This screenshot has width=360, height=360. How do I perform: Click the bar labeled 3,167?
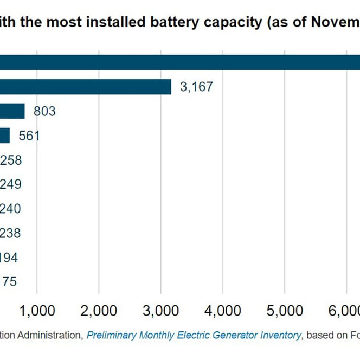86,87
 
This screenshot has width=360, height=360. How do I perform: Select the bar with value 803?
12,111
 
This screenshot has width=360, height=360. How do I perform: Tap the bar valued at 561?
5,136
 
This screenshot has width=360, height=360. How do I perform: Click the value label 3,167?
196,87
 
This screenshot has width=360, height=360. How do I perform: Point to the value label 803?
44,111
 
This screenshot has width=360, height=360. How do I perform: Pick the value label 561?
29,136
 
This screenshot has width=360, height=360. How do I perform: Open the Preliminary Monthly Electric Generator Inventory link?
194,335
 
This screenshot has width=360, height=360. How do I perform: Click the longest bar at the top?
179,62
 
